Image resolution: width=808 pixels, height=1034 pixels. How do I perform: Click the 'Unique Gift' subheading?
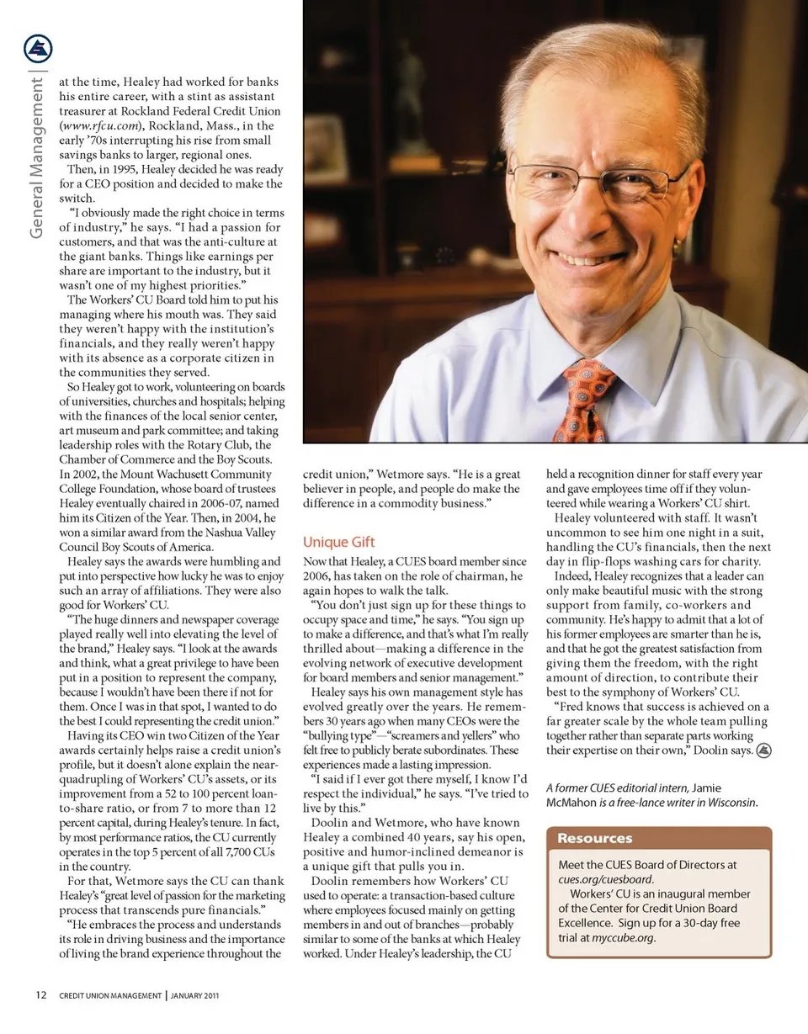click(x=338, y=542)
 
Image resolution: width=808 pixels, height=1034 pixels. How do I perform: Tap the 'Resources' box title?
click(x=594, y=838)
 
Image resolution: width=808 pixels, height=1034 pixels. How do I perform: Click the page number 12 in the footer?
click(x=40, y=995)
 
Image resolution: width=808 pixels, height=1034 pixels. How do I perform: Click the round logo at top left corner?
click(x=38, y=49)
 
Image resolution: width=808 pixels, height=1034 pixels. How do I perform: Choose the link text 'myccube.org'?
click(x=625, y=937)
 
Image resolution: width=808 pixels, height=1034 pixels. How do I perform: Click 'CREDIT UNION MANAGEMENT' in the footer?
click(x=109, y=996)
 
